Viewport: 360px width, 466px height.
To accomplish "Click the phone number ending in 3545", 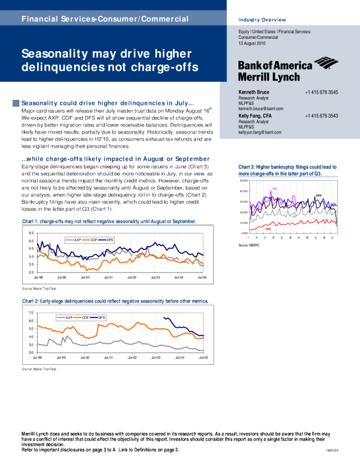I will click(321, 93).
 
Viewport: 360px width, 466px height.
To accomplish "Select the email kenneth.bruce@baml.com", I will click(261, 109).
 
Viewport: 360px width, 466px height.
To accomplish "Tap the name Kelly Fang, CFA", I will click(255, 116).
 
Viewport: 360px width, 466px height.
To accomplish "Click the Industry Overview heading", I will click(262, 20).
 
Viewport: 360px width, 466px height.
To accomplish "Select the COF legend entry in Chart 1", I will click(93, 239).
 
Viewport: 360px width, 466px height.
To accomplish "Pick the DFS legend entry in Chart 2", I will click(101, 317).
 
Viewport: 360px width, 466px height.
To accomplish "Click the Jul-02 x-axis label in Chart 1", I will click(131, 277).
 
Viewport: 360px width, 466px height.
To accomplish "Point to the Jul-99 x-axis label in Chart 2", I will click(61, 357).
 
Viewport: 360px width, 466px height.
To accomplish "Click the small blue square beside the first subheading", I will click(16, 104).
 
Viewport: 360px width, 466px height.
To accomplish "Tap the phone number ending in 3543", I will click(321, 116).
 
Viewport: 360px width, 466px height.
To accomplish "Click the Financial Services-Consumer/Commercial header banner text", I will click(105, 19).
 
